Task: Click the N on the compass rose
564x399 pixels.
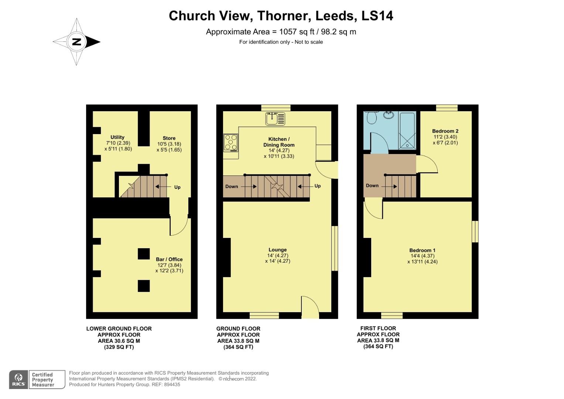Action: (76, 42)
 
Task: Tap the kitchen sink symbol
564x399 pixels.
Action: (275, 119)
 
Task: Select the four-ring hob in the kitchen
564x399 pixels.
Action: (231, 143)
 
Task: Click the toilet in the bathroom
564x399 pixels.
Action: (372, 117)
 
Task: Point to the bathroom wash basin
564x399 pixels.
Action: (389, 115)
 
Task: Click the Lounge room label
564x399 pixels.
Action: (277, 250)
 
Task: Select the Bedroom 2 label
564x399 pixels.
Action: (445, 131)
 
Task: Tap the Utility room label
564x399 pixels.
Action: (117, 137)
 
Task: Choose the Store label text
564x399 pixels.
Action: (169, 138)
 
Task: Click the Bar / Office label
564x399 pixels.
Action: (169, 259)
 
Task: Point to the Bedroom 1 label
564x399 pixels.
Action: (422, 250)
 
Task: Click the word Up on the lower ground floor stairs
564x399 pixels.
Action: (177, 187)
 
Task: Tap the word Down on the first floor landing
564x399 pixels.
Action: (372, 185)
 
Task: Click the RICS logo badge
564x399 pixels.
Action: (18, 379)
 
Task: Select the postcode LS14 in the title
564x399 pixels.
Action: (377, 16)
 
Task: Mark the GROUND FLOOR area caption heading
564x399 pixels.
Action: (238, 329)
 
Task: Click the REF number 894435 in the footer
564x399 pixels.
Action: (172, 384)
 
